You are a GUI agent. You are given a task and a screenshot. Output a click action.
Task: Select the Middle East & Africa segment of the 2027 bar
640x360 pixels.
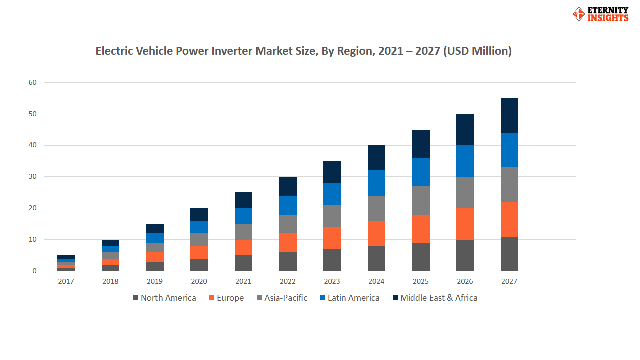[509, 115]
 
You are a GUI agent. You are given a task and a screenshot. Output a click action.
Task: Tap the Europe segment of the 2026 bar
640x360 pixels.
[465, 224]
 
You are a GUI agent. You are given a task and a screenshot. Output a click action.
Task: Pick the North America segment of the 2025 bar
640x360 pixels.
[421, 257]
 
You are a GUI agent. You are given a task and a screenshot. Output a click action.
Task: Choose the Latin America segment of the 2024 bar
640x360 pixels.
[376, 183]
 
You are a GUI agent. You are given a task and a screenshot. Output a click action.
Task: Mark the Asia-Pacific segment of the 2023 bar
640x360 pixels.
[332, 216]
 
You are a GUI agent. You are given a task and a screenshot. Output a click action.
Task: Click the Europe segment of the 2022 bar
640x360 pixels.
[288, 243]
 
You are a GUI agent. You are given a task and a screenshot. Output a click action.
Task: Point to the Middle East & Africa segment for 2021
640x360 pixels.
[243, 200]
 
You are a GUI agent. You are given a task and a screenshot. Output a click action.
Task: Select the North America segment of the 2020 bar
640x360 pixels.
[199, 265]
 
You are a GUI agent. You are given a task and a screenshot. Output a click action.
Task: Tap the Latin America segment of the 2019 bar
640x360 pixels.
[155, 238]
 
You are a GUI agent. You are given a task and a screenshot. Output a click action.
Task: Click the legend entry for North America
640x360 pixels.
[164, 298]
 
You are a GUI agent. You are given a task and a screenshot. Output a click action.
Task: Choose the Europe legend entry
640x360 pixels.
[226, 298]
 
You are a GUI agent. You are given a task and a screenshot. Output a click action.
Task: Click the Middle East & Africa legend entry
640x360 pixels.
[434, 298]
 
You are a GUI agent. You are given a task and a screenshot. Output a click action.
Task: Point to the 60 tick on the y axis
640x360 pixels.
[33, 82]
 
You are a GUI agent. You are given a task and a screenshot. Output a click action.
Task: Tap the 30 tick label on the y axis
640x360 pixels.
[33, 177]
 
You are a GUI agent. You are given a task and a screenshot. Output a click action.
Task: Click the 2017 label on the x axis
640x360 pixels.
[66, 281]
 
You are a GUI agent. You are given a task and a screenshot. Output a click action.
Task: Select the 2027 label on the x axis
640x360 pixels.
[509, 281]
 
